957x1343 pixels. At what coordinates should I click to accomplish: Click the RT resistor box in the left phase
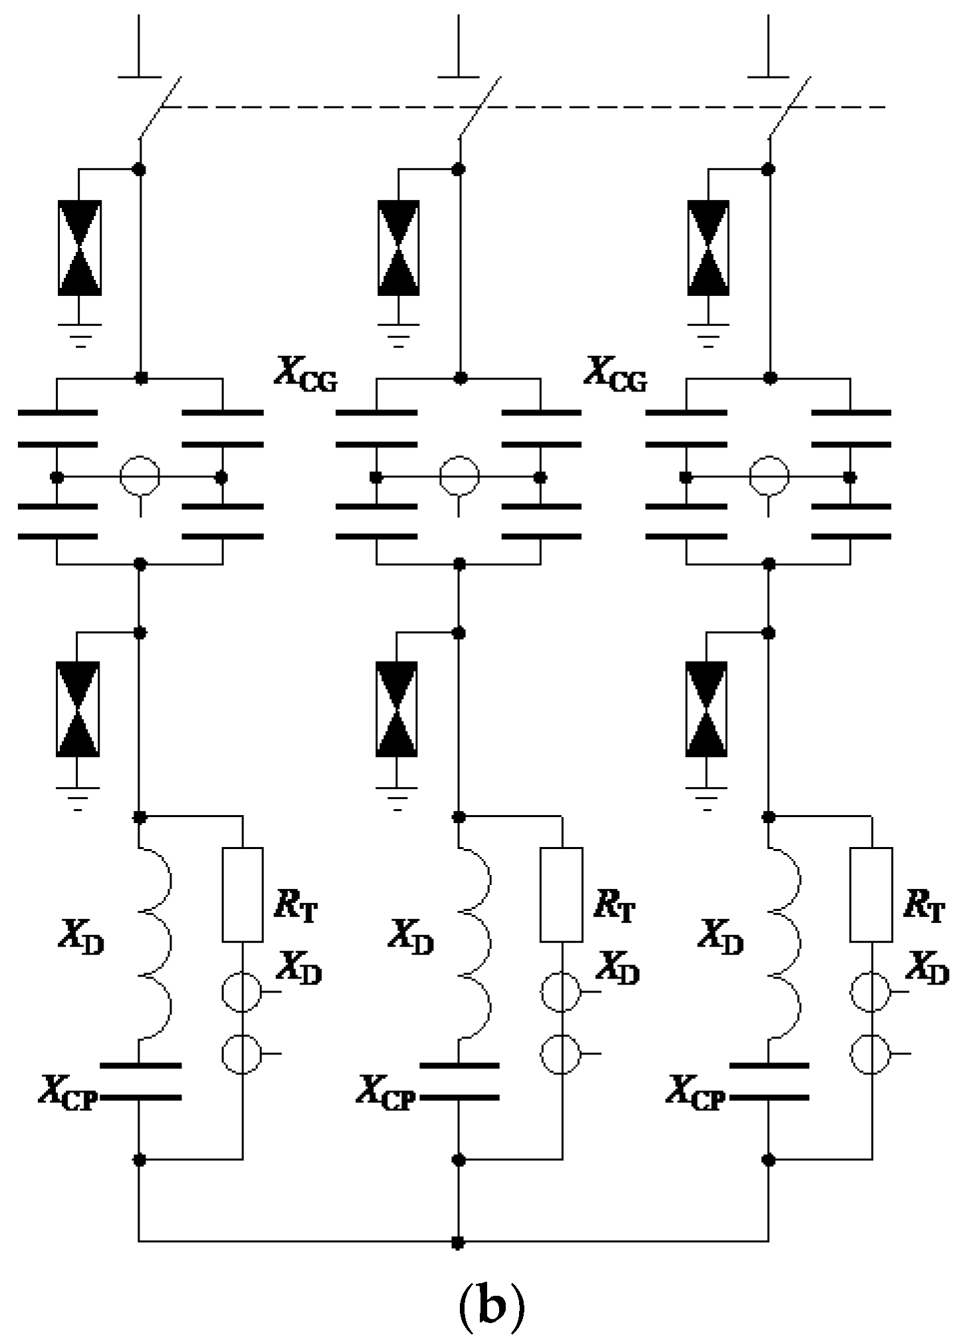[242, 894]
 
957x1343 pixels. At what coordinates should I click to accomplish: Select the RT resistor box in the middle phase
[561, 894]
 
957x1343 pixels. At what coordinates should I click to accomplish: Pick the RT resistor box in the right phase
[871, 894]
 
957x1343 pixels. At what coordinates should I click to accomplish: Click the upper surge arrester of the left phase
[80, 247]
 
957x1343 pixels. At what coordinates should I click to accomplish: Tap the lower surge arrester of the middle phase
[397, 709]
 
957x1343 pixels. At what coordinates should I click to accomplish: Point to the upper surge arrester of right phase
[708, 247]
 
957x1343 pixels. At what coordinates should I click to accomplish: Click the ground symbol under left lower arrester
[78, 798]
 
